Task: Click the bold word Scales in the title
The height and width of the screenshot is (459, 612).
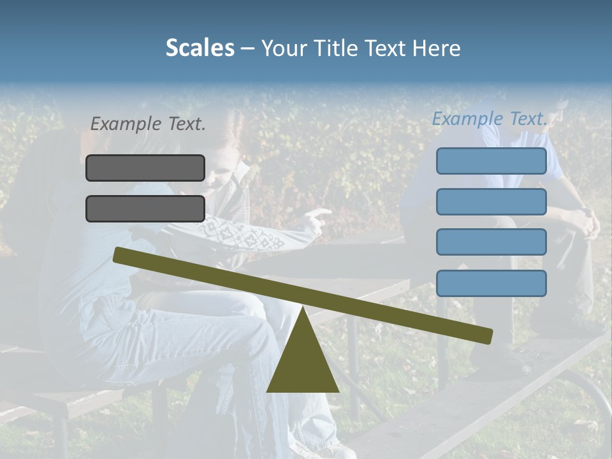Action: point(200,48)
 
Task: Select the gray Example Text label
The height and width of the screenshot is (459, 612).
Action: point(148,124)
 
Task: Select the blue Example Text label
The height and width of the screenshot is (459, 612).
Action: point(490,119)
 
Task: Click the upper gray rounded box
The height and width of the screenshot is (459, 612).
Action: point(145,168)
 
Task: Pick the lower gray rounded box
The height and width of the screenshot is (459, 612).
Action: point(145,208)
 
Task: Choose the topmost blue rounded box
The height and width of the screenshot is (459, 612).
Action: point(491,161)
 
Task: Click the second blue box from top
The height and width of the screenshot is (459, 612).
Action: point(491,201)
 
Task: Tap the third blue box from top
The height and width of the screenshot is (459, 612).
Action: point(491,242)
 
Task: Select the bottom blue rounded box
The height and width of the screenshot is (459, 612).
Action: point(491,283)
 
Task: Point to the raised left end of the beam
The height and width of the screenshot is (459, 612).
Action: point(119,254)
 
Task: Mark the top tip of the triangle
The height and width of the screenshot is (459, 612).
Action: point(303,307)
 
